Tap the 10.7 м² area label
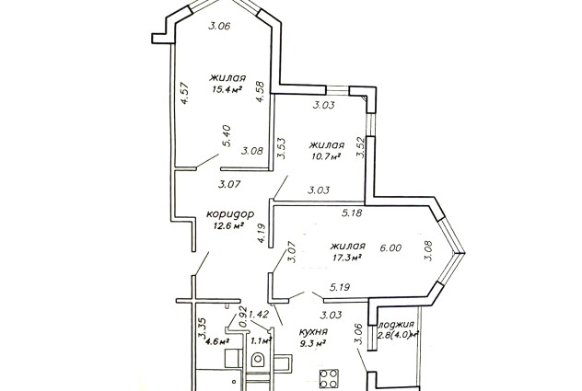(326, 155)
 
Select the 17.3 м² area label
(347, 257)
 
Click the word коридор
(230, 214)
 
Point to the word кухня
(313, 331)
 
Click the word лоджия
(396, 325)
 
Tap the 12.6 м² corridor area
(228, 225)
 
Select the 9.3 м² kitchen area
(313, 343)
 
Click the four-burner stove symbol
(329, 378)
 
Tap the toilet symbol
(257, 360)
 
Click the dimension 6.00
(390, 247)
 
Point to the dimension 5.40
(227, 136)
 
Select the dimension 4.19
(262, 233)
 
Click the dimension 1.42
(259, 315)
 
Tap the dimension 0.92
(243, 316)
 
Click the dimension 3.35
(203, 328)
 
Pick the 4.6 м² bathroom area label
(217, 340)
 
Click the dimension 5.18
(352, 213)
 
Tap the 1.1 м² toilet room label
(262, 340)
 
